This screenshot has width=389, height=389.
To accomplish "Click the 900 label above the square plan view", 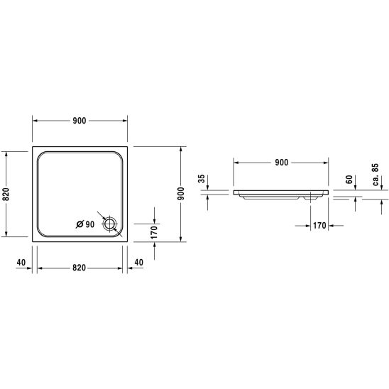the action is [x=80, y=121].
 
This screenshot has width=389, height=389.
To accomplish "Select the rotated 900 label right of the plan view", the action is [x=181, y=194].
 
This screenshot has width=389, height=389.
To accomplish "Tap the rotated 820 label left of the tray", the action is [x=6, y=194].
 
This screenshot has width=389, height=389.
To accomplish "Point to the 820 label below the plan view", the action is [x=79, y=268].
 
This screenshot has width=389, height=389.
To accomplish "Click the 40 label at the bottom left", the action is [x=21, y=262].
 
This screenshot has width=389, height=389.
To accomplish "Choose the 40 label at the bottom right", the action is [x=138, y=262].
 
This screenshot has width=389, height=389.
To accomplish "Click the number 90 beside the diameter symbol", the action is [x=90, y=224].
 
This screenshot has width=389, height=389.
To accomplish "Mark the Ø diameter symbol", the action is [x=80, y=224].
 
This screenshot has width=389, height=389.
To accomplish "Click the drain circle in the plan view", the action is [x=109, y=224].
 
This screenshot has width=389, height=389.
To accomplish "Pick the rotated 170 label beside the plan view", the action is [x=154, y=232].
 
